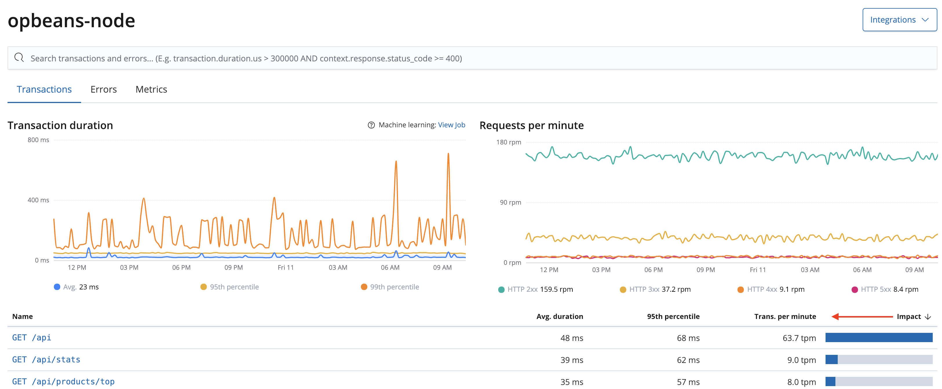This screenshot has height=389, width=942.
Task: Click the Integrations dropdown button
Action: pyautogui.click(x=899, y=20)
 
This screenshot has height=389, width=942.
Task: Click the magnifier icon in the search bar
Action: pyautogui.click(x=19, y=58)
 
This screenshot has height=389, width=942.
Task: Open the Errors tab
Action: pyautogui.click(x=103, y=89)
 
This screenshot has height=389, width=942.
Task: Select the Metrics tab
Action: pyautogui.click(x=151, y=89)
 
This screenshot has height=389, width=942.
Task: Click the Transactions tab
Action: pyautogui.click(x=44, y=89)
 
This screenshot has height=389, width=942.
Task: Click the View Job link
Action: pyautogui.click(x=451, y=125)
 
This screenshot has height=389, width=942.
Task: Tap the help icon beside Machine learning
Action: pyautogui.click(x=371, y=125)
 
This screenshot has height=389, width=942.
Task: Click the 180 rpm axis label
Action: pyautogui.click(x=508, y=142)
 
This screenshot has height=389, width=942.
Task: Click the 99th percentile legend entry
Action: pyautogui.click(x=390, y=287)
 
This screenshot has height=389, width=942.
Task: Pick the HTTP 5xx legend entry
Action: pyautogui.click(x=885, y=289)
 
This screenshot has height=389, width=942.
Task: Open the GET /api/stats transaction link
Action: pyautogui.click(x=46, y=359)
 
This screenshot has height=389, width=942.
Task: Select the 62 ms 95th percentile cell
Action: pyautogui.click(x=688, y=360)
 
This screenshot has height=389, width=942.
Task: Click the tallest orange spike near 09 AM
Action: pyautogui.click(x=448, y=155)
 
